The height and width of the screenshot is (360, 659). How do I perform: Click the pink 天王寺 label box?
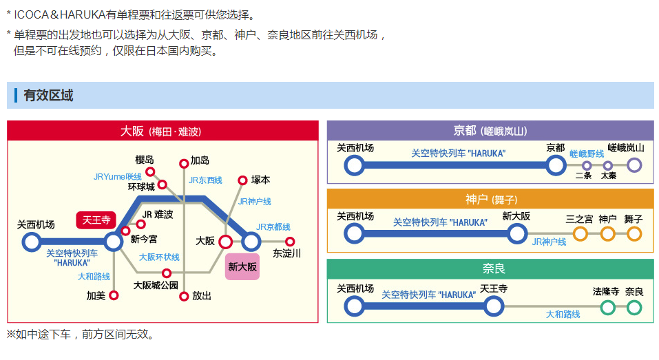[x=96, y=220]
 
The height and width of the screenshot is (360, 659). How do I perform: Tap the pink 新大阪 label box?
[x=242, y=266]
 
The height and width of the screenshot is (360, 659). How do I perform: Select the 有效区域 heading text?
[x=48, y=96]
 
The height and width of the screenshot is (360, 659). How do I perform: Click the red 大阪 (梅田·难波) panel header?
[x=163, y=131]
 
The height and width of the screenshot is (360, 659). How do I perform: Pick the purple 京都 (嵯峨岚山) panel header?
[x=490, y=131]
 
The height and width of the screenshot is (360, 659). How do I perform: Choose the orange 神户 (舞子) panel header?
[x=490, y=200]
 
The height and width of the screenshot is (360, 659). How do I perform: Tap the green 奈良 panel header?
[x=490, y=268]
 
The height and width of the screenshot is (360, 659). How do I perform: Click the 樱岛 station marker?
[x=150, y=171]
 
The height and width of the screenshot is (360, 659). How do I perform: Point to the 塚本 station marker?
[x=242, y=180]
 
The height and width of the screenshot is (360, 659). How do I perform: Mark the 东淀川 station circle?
[x=290, y=242]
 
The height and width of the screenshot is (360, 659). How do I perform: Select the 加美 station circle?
[x=114, y=295]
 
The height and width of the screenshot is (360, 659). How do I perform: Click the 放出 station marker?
[x=184, y=296]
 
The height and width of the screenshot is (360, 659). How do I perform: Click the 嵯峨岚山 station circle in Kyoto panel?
[x=634, y=165]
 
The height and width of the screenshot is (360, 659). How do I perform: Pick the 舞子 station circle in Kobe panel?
[x=634, y=234]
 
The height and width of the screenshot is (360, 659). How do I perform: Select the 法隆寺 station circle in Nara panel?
[x=607, y=307]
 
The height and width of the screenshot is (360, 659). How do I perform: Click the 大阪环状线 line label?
[x=159, y=257]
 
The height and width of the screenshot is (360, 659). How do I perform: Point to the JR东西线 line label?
[x=205, y=180]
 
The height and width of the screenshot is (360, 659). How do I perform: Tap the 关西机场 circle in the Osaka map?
[x=32, y=242]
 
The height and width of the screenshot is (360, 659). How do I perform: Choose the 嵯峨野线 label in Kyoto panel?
[x=587, y=153]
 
